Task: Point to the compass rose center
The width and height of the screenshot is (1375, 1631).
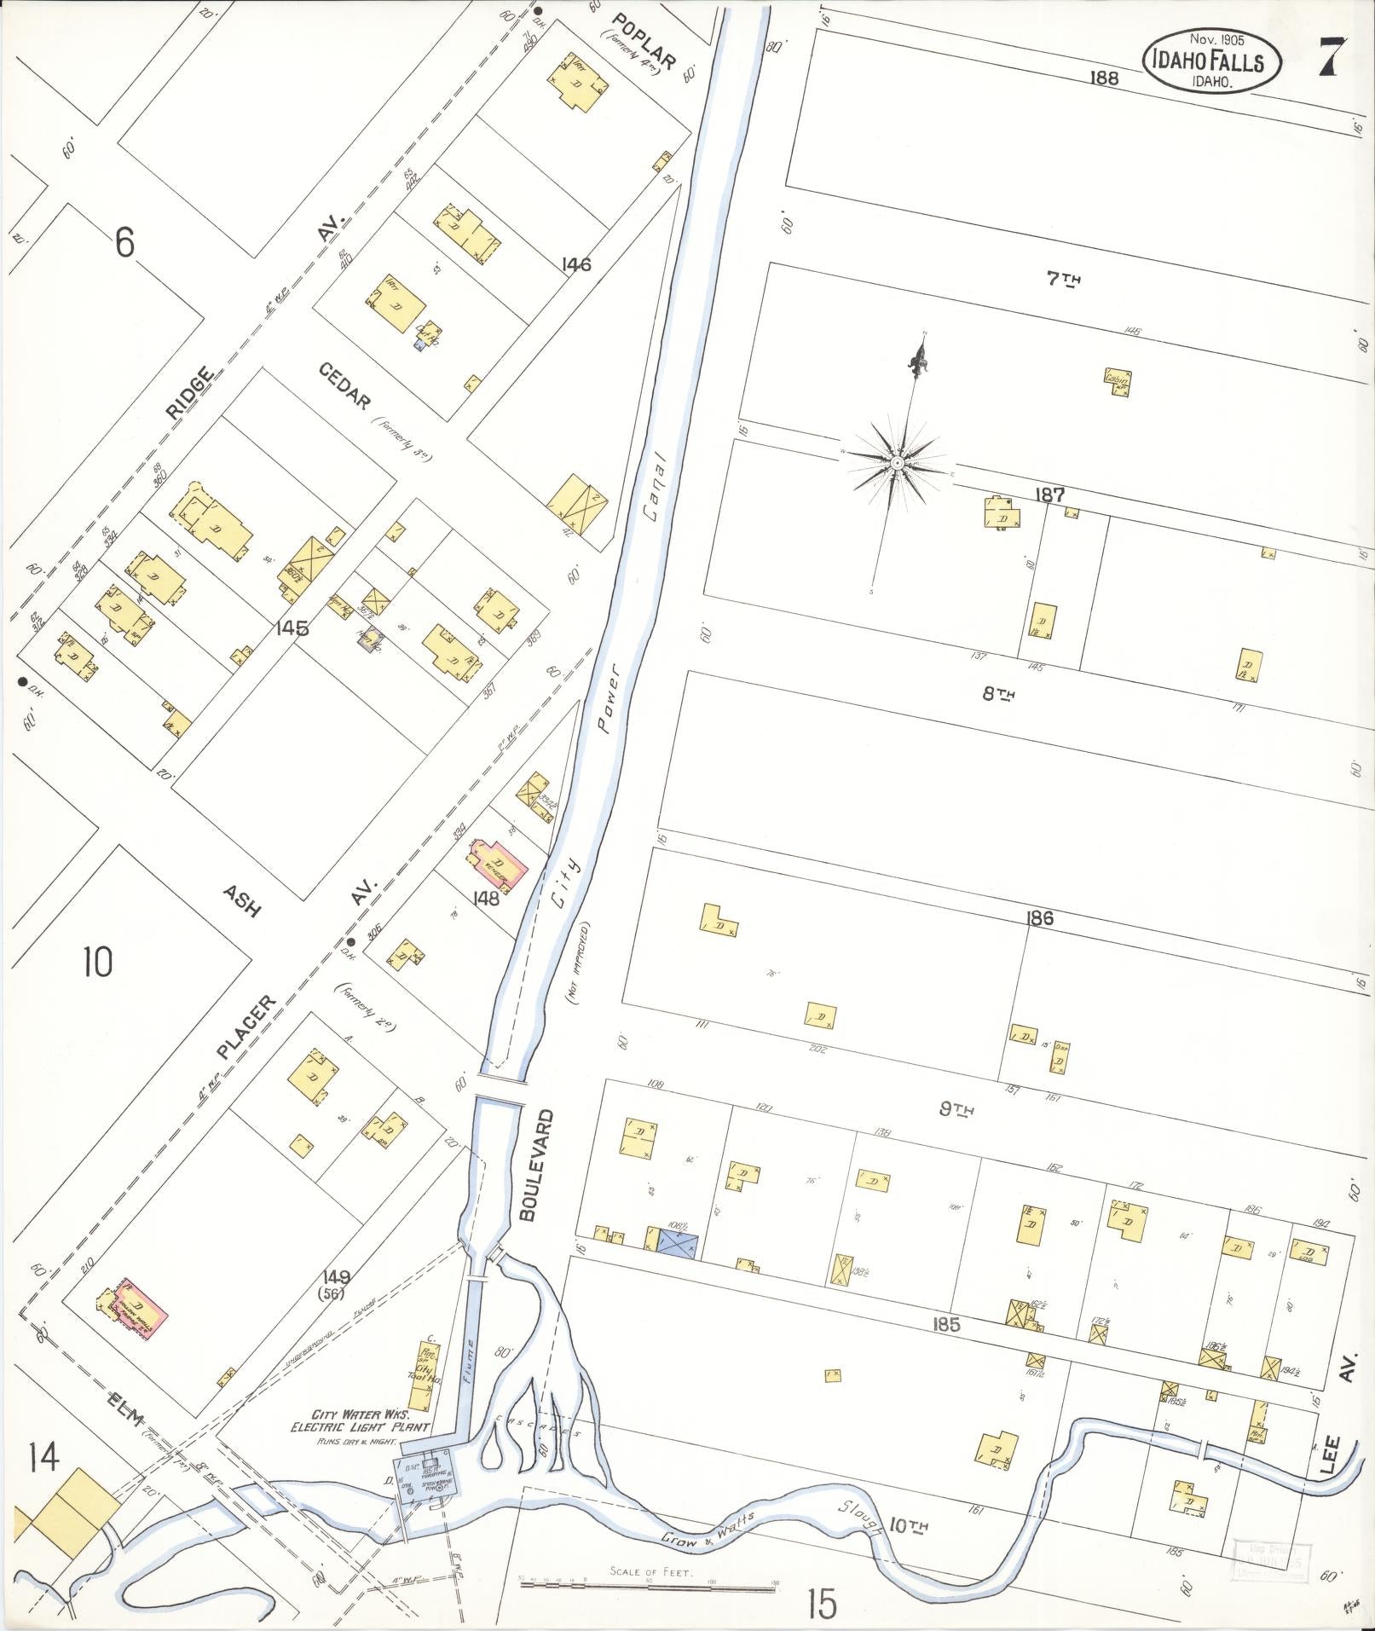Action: pyautogui.click(x=898, y=462)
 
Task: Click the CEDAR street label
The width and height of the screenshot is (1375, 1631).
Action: pyautogui.click(x=344, y=387)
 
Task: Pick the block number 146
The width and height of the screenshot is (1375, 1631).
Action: pyautogui.click(x=576, y=265)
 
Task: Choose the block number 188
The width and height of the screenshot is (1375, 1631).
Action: pyautogui.click(x=1104, y=78)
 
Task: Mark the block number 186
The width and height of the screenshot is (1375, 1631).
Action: pyautogui.click(x=1040, y=918)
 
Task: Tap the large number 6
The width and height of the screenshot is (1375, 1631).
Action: pyautogui.click(x=124, y=244)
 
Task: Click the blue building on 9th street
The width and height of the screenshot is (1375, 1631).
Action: pyautogui.click(x=678, y=1245)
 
